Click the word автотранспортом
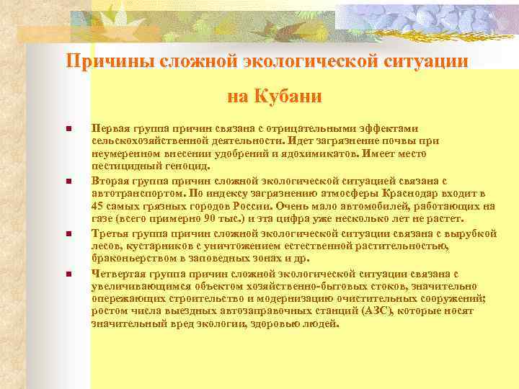point(136,194)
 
